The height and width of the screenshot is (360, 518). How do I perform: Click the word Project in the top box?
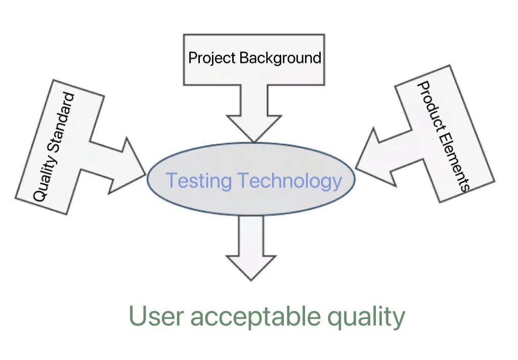click(212, 58)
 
